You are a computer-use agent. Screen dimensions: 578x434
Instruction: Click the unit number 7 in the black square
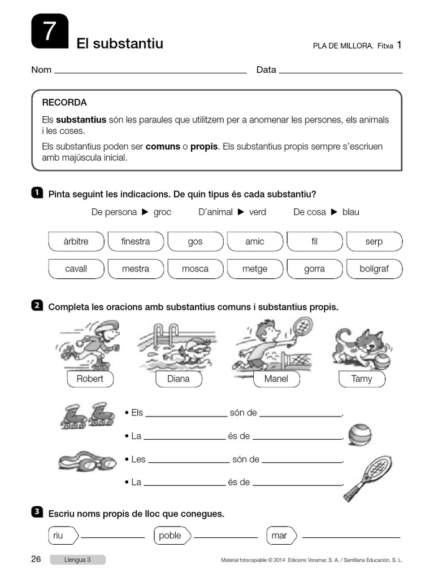[50, 32]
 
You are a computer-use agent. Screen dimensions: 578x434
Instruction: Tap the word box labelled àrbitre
[76, 242]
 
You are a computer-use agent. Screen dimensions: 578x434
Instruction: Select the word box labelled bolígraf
[374, 269]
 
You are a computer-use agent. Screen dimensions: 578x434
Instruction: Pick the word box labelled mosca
[195, 269]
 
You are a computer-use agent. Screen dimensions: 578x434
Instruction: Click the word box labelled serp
[374, 242]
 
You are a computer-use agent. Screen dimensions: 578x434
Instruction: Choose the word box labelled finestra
[136, 242]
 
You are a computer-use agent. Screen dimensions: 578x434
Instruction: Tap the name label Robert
[90, 379]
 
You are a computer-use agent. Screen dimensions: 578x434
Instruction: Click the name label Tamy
[362, 379]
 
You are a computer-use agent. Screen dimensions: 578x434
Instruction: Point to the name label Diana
[179, 379]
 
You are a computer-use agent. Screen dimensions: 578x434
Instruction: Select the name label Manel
[276, 379]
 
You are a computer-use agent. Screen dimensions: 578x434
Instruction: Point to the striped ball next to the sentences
[360, 435]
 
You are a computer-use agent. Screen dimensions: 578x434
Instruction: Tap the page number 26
[36, 559]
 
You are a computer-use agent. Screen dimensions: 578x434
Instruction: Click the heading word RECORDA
[64, 103]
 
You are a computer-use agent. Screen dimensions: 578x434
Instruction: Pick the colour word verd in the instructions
[258, 212]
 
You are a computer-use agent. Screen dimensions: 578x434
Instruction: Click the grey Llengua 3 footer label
[77, 560]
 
